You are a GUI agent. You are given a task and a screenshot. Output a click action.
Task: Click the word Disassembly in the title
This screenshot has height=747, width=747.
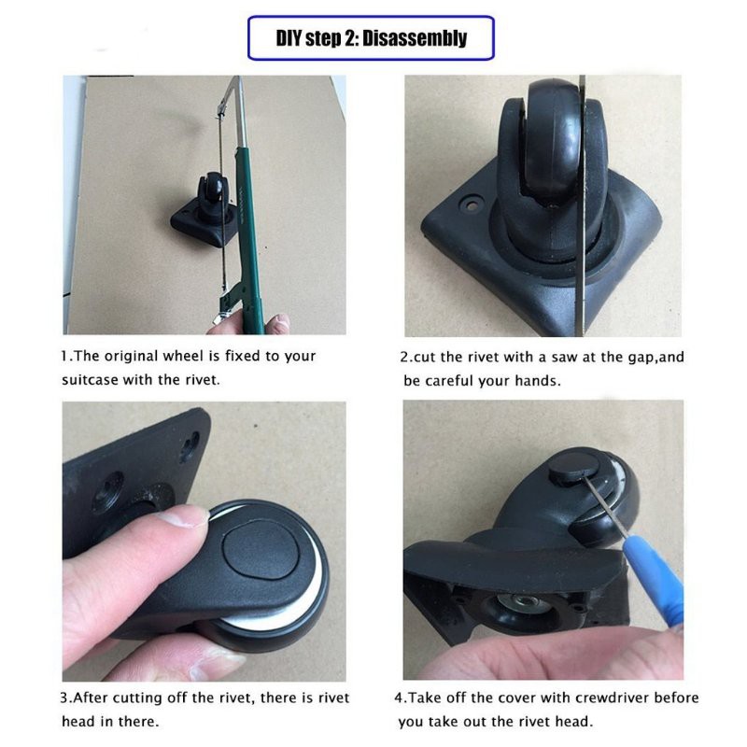(415, 38)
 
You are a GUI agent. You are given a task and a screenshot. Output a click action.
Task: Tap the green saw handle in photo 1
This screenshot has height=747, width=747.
(248, 238)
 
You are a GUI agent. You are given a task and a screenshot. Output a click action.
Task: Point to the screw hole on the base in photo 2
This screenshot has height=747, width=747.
(472, 205)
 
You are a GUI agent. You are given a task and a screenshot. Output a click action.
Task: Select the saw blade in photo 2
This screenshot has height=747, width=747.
(580, 204)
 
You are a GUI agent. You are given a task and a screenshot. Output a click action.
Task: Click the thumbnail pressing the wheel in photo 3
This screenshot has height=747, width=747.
(182, 518)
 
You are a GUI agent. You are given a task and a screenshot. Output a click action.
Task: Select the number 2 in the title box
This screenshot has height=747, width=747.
(350, 38)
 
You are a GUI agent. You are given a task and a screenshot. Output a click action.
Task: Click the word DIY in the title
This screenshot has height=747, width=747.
(289, 38)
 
